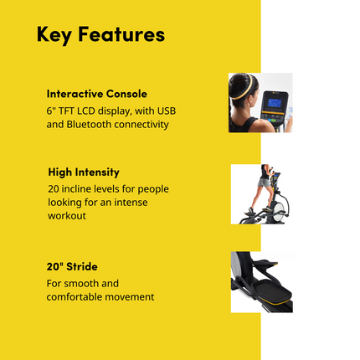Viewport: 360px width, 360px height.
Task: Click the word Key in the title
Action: (x=57, y=35)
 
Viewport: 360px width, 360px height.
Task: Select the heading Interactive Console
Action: (x=96, y=94)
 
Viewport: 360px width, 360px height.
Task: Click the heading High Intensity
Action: (x=83, y=172)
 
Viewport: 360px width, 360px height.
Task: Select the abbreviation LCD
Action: (x=100, y=110)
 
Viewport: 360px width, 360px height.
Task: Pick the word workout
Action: (x=68, y=215)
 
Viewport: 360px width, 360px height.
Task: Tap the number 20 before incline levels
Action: (x=54, y=188)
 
